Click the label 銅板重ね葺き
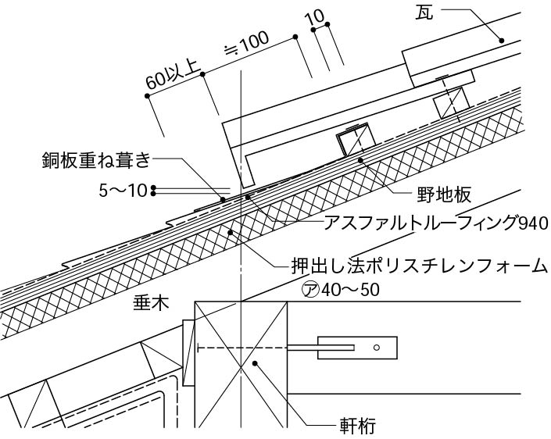95,161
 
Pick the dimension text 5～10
125,190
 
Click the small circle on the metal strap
376,347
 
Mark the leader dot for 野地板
360,160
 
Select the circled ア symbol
310,288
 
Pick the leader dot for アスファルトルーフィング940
248,197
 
